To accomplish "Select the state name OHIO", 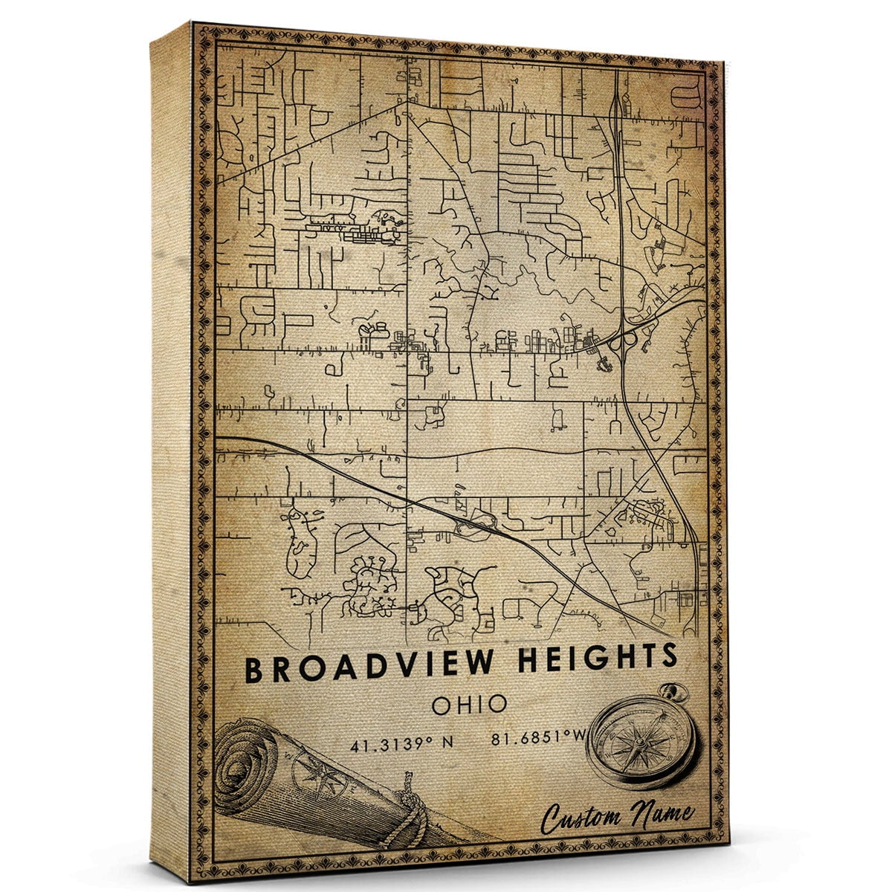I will (x=462, y=704).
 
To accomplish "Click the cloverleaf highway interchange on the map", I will (x=624, y=340).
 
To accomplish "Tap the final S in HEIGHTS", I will (x=670, y=656).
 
